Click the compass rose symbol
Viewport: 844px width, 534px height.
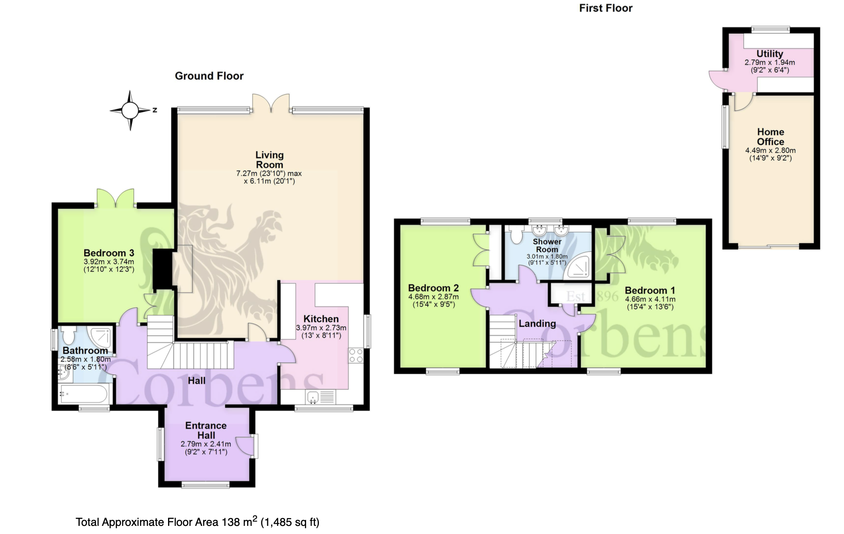coord(130,110)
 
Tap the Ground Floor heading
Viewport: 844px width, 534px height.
coord(209,76)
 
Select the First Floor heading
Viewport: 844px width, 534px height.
coord(605,8)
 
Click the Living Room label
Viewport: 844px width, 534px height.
coord(269,160)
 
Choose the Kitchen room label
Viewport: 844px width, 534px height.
coord(321,319)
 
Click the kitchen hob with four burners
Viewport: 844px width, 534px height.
coord(356,356)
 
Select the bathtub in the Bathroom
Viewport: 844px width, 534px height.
coord(84,394)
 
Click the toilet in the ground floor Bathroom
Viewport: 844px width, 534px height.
coord(68,335)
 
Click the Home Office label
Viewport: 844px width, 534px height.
coord(770,137)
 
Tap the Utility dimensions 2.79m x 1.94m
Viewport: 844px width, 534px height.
coord(770,62)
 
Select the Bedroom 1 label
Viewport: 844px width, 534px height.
coord(650,291)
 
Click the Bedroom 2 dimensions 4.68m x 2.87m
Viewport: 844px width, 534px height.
coord(434,297)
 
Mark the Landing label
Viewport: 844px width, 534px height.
coord(537,324)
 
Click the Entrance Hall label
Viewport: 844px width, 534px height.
coord(206,430)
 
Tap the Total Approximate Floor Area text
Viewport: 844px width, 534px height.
coord(198,522)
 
